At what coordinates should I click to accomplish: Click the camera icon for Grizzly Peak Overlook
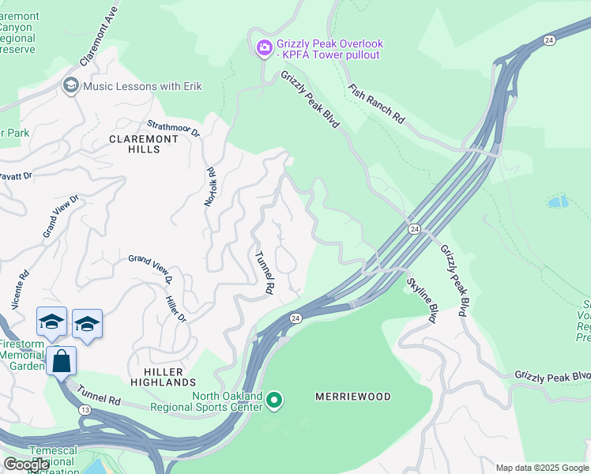tap(264, 49)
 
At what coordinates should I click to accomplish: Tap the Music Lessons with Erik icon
tap(70, 85)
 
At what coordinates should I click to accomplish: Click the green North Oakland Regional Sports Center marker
tap(274, 401)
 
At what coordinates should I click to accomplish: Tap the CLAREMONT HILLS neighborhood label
tap(143, 145)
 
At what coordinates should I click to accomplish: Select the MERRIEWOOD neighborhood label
tap(353, 397)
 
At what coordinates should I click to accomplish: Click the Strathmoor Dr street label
tap(175, 130)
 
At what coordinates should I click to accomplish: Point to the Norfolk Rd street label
tap(210, 186)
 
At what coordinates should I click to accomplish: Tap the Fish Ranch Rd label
tap(376, 103)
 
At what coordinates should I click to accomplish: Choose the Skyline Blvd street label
tap(422, 299)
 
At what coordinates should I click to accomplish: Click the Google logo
tap(27, 465)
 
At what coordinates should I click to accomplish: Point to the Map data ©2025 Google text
tap(541, 468)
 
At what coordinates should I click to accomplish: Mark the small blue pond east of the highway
tap(557, 201)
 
